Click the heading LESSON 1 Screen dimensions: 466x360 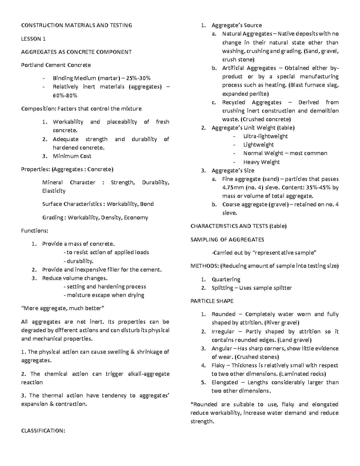(33, 39)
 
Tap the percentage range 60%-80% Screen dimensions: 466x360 (65, 95)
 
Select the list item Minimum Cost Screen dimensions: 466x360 (72, 156)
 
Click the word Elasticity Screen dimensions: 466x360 (54, 191)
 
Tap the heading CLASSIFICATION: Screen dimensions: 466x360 (43, 431)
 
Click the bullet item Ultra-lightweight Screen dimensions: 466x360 (265, 136)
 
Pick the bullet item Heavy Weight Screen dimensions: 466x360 (261, 162)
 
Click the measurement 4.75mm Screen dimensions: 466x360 (232, 188)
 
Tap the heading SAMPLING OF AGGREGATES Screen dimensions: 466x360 (227, 239)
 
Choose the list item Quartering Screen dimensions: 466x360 (226, 279)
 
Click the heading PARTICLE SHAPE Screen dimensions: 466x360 (212, 301)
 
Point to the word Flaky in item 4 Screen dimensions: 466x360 (218, 365)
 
